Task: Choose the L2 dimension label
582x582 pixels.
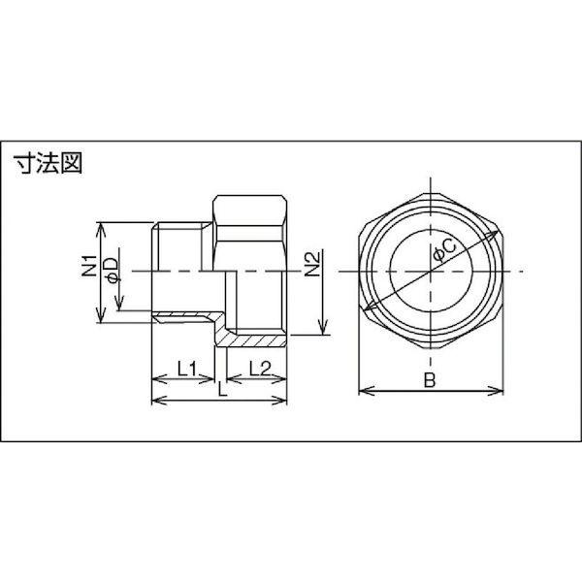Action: (x=258, y=368)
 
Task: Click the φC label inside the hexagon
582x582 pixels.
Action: (x=442, y=250)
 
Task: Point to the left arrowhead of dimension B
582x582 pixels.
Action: (x=362, y=392)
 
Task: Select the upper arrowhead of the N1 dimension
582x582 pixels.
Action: (x=99, y=224)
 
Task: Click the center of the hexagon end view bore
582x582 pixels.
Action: (x=431, y=270)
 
